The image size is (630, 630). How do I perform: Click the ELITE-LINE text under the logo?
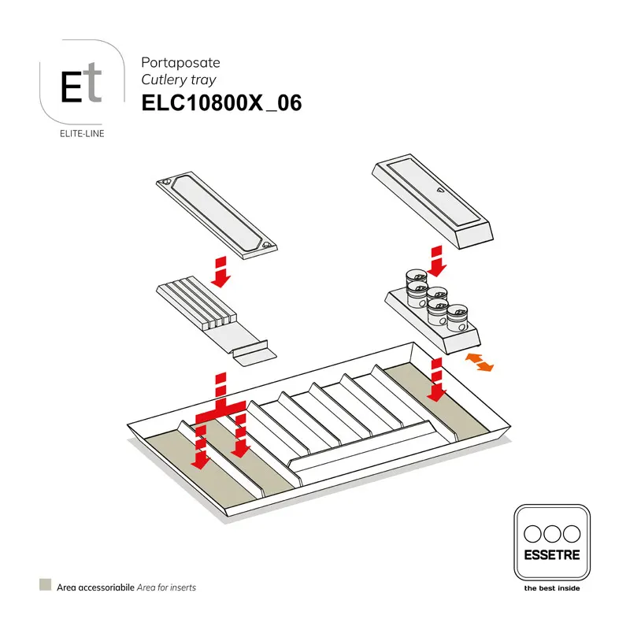pyautogui.click(x=82, y=133)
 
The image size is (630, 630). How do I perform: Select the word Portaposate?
pyautogui.click(x=180, y=61)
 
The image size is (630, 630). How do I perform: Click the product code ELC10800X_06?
pyautogui.click(x=220, y=104)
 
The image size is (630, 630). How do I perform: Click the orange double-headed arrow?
pyautogui.click(x=479, y=362)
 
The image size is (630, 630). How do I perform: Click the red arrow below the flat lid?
pyautogui.click(x=222, y=270)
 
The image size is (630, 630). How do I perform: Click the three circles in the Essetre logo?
pyautogui.click(x=551, y=532)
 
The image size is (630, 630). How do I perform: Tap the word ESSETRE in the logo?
pyautogui.click(x=551, y=555)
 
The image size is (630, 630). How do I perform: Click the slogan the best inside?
pyautogui.click(x=551, y=587)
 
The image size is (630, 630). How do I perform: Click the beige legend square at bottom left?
pyautogui.click(x=45, y=586)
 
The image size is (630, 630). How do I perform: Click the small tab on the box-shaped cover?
pyautogui.click(x=439, y=189)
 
